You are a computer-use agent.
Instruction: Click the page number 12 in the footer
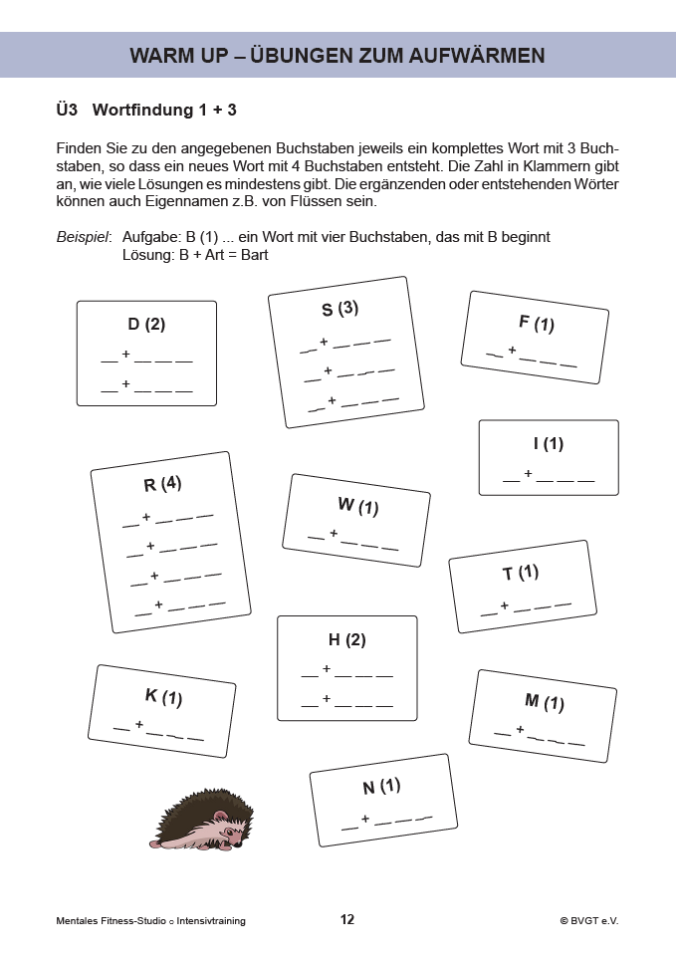[x=346, y=920]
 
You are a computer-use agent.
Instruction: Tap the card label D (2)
[x=146, y=325]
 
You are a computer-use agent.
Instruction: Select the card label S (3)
[x=339, y=310]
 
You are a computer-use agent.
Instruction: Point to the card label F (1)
[x=536, y=323]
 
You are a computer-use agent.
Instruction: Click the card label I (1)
[x=548, y=444]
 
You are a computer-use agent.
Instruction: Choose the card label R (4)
[x=162, y=485]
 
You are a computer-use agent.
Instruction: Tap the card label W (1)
[x=357, y=506]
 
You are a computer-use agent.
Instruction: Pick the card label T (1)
[x=520, y=574]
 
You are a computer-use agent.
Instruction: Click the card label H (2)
[x=346, y=640]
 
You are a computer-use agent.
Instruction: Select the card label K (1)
[x=163, y=696]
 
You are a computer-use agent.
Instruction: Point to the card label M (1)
[x=544, y=702]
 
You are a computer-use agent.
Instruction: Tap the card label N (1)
[x=380, y=787]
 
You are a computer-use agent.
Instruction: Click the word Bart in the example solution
[x=255, y=255]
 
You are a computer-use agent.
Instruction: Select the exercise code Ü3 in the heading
[x=68, y=109]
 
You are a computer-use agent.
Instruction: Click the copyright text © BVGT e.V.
[x=589, y=921]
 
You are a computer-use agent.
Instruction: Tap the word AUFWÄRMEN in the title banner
[x=477, y=56]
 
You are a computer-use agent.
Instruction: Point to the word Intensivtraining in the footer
[x=211, y=921]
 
